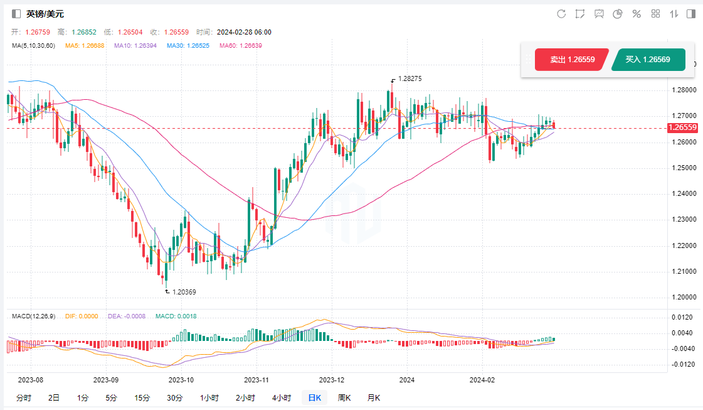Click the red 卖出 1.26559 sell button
pyautogui.click(x=572, y=60)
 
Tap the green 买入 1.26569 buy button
pyautogui.click(x=648, y=60)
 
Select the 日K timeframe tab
pyautogui.click(x=314, y=397)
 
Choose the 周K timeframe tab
pyautogui.click(x=344, y=397)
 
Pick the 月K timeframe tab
pyautogui.click(x=373, y=397)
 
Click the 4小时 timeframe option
pyautogui.click(x=282, y=397)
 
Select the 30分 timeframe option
pyautogui.click(x=175, y=397)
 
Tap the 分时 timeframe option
pyautogui.click(x=23, y=397)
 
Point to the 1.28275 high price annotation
pyautogui.click(x=410, y=79)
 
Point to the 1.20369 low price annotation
pyautogui.click(x=184, y=292)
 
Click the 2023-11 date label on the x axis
pyautogui.click(x=256, y=380)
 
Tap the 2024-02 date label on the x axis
pyautogui.click(x=482, y=380)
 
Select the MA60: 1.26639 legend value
pyautogui.click(x=241, y=45)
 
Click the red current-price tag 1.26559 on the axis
pyautogui.click(x=682, y=127)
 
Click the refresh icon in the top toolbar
pyautogui.click(x=561, y=14)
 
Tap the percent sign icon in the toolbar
pyautogui.click(x=637, y=14)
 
